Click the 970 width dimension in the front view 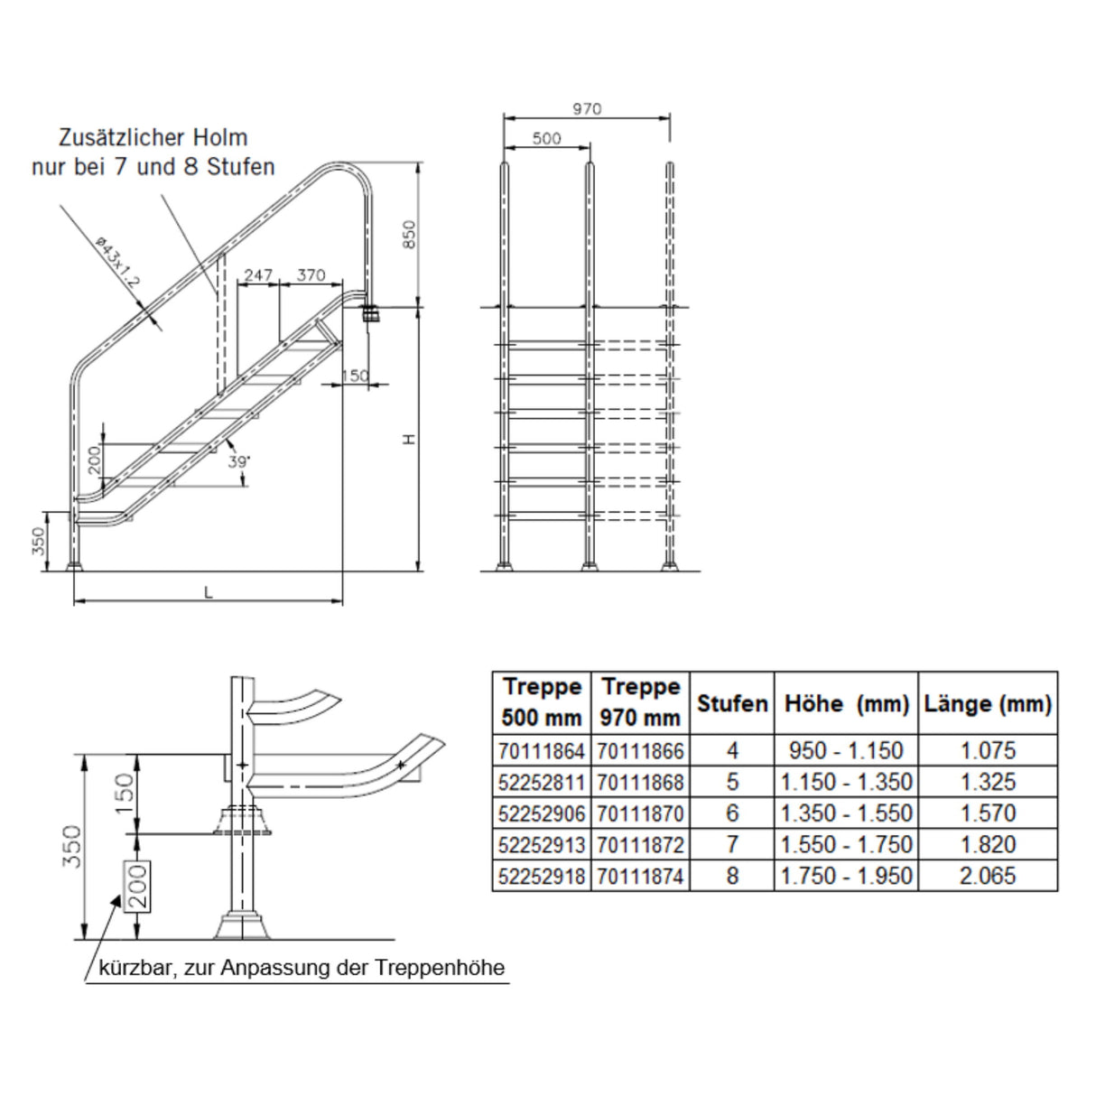(x=587, y=109)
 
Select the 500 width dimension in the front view (x=547, y=138)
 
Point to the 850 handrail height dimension (x=409, y=236)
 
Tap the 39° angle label (x=240, y=461)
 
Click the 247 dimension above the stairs (x=258, y=274)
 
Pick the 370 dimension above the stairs (x=310, y=274)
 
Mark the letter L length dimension (x=209, y=592)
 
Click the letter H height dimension (x=409, y=439)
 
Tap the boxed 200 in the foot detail (x=136, y=885)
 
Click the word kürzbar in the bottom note (x=137, y=969)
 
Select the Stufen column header (x=732, y=703)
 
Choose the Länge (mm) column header (x=987, y=703)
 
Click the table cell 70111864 (x=541, y=750)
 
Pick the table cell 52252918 (x=541, y=876)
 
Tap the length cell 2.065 (x=987, y=876)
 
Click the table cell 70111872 (x=639, y=845)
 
